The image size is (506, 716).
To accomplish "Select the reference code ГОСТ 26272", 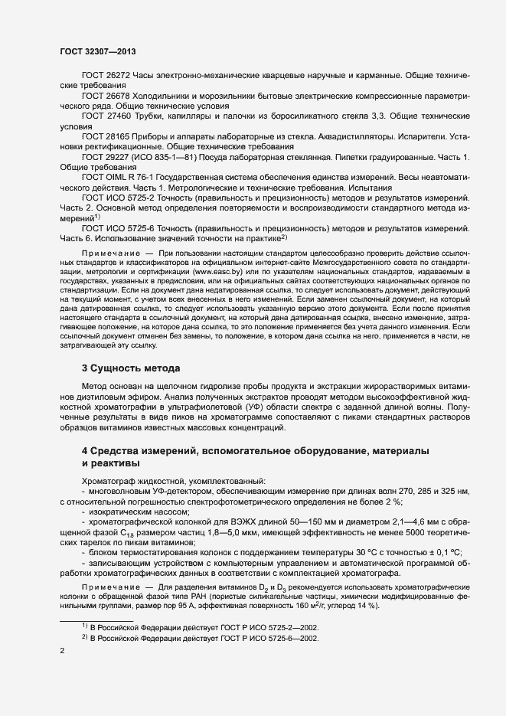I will [x=107, y=76].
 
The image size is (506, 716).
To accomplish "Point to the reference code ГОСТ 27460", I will [x=107, y=116].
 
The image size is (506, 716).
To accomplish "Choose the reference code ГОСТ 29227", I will [x=107, y=156].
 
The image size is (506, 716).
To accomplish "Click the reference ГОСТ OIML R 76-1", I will [x=117, y=176].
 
